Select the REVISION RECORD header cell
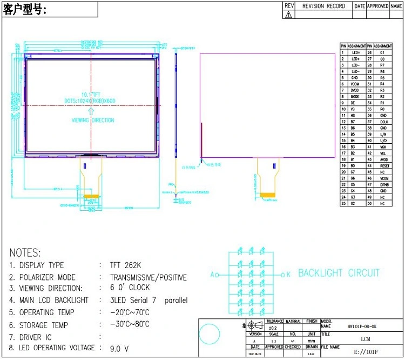pyautogui.click(x=323, y=6)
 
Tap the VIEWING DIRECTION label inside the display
pyautogui.click(x=93, y=121)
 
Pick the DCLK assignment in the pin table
pyautogui.click(x=383, y=122)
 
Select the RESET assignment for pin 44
pyautogui.click(x=383, y=166)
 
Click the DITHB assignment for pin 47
pyautogui.click(x=383, y=184)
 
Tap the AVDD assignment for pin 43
pyautogui.click(x=383, y=159)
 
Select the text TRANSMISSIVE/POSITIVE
pyautogui.click(x=144, y=277)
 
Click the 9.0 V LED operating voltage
pyautogui.click(x=120, y=349)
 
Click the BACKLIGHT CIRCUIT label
pyautogui.click(x=339, y=273)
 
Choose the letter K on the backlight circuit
pyautogui.click(x=288, y=274)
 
